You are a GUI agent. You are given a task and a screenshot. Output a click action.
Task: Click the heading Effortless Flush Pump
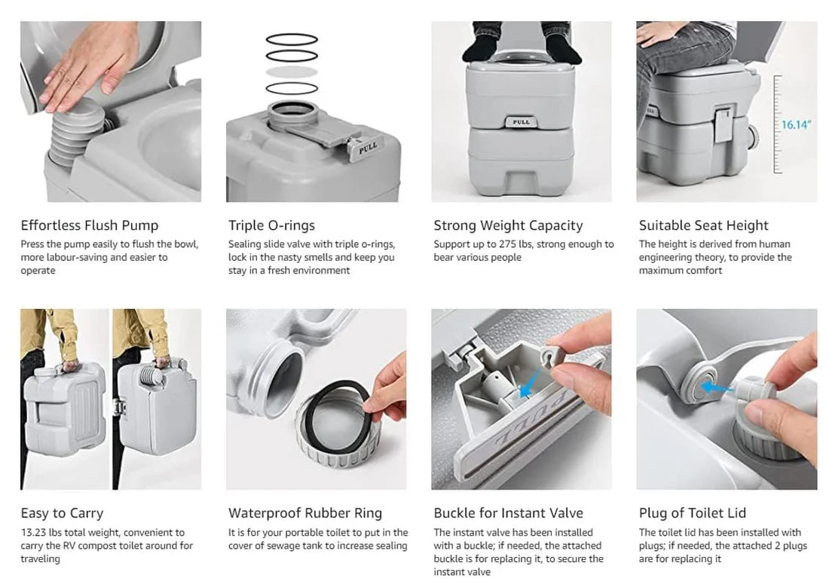tap(90, 225)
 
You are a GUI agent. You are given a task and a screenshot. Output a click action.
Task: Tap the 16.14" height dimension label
tap(795, 124)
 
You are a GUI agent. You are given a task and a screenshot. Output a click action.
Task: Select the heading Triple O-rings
tap(271, 225)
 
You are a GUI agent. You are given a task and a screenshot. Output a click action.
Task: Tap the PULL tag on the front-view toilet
tap(521, 121)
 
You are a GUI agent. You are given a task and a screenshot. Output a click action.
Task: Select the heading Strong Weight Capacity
tap(508, 225)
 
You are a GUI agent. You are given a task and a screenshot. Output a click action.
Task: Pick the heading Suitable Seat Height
tap(703, 225)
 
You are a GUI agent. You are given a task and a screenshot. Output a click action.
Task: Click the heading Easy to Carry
tap(62, 513)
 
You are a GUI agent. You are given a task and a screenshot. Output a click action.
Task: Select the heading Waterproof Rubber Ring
tap(305, 513)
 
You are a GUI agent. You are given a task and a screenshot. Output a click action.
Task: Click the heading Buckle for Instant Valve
tap(508, 513)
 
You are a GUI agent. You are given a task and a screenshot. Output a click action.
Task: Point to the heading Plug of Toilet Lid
tap(692, 513)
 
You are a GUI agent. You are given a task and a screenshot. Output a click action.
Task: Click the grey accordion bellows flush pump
tap(75, 132)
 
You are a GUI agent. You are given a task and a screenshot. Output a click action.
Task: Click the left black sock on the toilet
tap(482, 51)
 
